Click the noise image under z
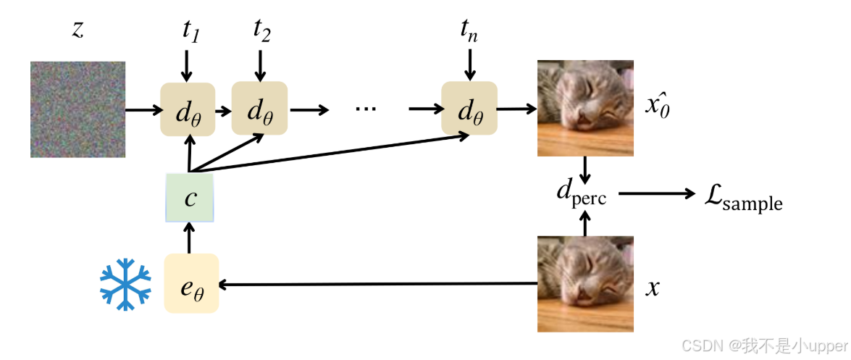click(77, 109)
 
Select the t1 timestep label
click(190, 33)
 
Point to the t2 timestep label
click(261, 31)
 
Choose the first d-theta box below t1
click(188, 109)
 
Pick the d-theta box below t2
click(259, 108)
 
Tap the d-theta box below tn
click(469, 108)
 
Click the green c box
click(190, 197)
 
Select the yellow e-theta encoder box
click(191, 283)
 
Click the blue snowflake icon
click(125, 284)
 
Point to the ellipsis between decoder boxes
click(366, 109)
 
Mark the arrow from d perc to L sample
click(655, 194)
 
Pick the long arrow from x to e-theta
click(377, 285)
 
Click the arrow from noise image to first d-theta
click(143, 110)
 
